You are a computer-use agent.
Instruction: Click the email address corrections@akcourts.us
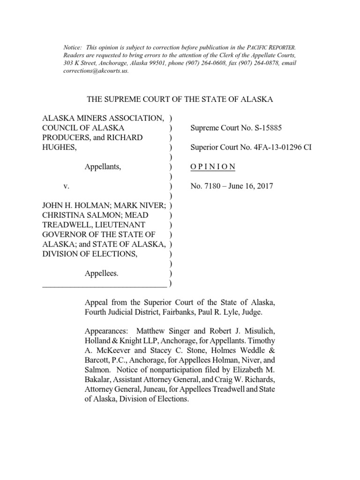click(95, 71)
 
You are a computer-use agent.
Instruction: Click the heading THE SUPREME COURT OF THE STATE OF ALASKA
click(180, 99)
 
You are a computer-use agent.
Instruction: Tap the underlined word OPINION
click(213, 167)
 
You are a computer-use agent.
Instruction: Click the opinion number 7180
click(209, 186)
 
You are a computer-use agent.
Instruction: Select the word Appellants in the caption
click(103, 167)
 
